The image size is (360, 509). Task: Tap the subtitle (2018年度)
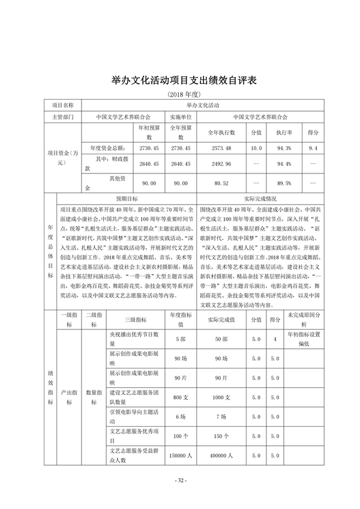(x=180, y=95)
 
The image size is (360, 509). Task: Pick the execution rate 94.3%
(x=284, y=148)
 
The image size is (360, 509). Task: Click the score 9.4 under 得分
(x=313, y=148)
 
